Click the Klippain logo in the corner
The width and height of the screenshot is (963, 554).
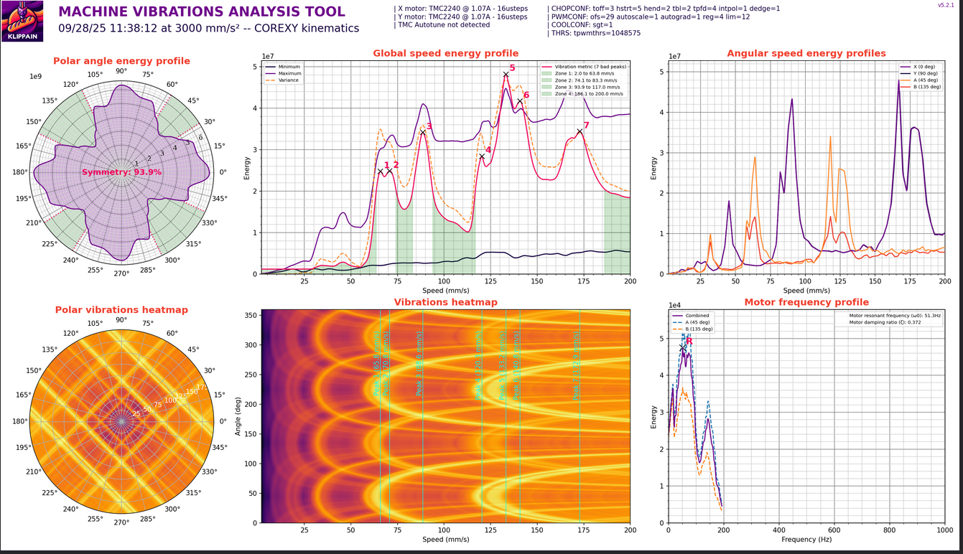22,21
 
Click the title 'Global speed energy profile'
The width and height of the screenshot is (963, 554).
445,53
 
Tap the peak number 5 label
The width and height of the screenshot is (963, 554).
512,67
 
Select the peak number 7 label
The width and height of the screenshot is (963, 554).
586,126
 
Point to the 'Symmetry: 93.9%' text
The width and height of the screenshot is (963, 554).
121,172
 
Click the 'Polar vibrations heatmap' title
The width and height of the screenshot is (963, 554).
121,310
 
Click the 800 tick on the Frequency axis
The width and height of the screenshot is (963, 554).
890,530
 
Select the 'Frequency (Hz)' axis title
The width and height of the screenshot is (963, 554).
806,539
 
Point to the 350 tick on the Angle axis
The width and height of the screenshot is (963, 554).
251,315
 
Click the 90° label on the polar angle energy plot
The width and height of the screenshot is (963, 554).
121,70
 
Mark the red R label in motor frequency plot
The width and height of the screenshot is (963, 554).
689,341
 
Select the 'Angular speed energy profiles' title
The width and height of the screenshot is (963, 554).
806,53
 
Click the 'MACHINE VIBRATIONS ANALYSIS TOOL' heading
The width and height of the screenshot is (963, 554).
202,12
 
